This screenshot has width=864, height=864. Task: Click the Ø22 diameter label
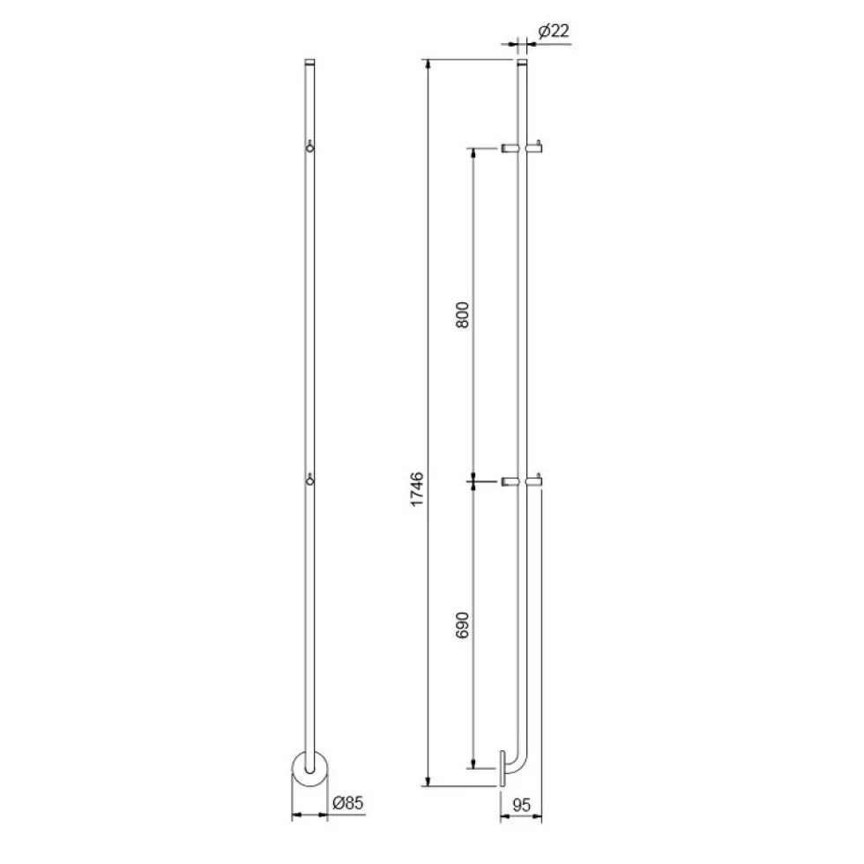554,31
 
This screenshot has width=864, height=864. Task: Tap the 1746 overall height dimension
417,488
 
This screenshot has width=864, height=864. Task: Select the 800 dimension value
462,315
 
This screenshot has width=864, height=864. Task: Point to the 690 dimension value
462,625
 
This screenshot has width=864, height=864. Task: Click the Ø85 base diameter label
347,803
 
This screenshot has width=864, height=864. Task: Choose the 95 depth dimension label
521,805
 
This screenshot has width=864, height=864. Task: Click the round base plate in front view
309,768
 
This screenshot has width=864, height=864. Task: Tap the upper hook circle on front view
310,147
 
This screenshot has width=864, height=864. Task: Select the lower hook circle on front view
310,481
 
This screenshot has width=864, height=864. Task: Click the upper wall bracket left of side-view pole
510,148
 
